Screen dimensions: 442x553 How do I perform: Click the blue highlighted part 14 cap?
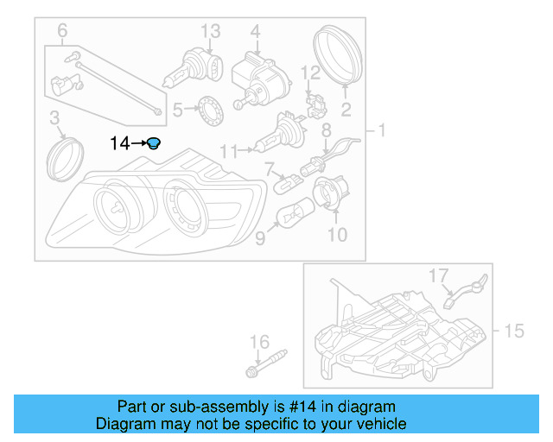153,143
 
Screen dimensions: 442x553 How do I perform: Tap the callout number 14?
119,143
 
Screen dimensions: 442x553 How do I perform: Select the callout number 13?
212,31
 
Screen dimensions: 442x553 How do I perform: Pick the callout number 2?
346,110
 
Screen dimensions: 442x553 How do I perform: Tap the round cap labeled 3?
64,157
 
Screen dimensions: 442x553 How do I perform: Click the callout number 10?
337,234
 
